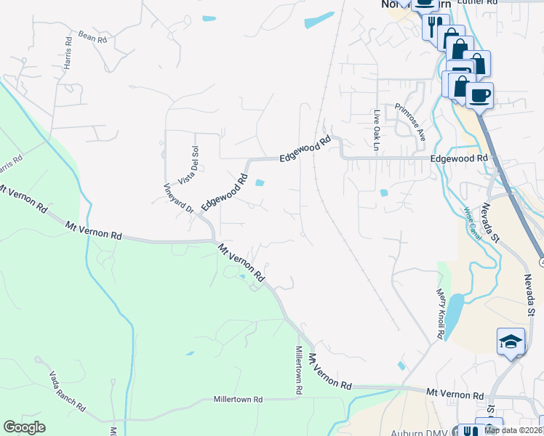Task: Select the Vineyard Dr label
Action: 177,196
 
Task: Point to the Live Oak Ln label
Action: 377,125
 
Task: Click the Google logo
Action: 25,427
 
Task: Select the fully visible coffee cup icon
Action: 479,95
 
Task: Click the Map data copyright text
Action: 512,430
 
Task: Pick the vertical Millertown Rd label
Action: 298,370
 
